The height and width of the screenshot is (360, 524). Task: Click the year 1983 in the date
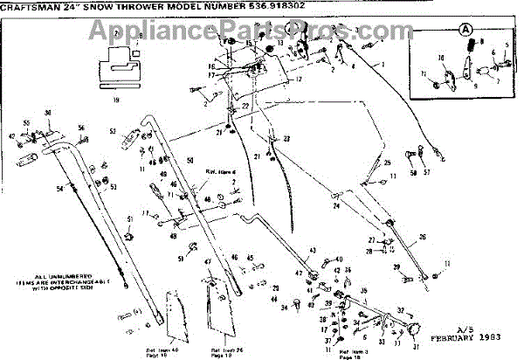(x=495, y=336)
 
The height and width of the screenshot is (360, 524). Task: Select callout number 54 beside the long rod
(x=59, y=189)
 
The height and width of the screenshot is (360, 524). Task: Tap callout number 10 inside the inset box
(x=441, y=59)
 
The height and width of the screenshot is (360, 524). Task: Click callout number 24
(x=335, y=207)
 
